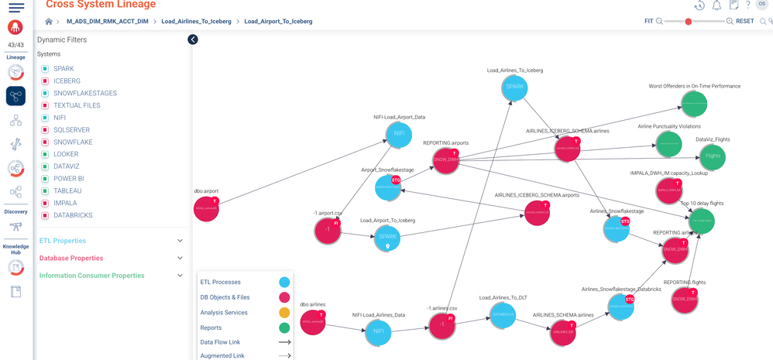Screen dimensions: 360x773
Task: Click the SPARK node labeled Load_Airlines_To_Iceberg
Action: tap(514, 87)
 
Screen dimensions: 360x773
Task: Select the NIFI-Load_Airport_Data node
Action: tap(399, 134)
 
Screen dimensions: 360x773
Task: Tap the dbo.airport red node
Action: tap(206, 209)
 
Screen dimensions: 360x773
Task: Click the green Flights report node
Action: tap(713, 156)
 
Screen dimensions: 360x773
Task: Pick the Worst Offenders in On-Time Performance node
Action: tap(694, 104)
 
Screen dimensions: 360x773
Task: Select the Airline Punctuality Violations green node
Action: tap(668, 144)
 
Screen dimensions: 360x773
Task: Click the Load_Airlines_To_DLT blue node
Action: tap(503, 315)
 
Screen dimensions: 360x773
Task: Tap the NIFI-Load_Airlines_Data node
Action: tap(378, 331)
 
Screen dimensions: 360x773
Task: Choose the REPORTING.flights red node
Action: tap(685, 300)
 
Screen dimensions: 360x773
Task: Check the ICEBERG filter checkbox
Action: tap(45, 81)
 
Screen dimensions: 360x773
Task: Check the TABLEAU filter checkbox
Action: tap(45, 191)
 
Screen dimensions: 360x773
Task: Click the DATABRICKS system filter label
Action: tap(73, 215)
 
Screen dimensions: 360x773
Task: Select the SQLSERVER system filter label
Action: tap(71, 130)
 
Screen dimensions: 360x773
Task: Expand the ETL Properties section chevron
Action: tap(180, 241)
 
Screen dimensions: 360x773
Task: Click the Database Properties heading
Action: tap(71, 258)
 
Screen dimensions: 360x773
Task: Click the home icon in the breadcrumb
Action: tap(49, 22)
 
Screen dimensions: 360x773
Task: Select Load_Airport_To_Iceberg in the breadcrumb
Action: tap(278, 22)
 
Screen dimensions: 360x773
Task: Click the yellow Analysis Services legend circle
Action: tap(284, 313)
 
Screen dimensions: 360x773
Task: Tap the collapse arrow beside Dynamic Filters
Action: tap(193, 39)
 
